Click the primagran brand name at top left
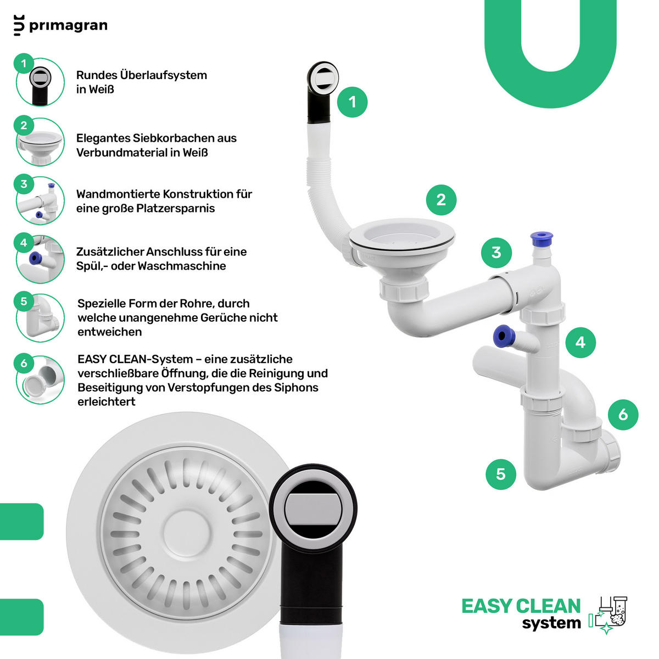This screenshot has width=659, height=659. click(x=68, y=26)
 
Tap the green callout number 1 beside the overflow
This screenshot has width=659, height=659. click(x=352, y=102)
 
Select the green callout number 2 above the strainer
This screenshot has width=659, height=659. click(x=441, y=200)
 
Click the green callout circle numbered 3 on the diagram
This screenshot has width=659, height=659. click(x=496, y=253)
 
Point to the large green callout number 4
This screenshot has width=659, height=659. click(x=580, y=342)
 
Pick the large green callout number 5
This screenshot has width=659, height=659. click(x=501, y=474)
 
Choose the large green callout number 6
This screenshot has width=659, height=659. click(x=623, y=415)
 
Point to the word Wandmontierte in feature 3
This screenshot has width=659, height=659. click(x=118, y=194)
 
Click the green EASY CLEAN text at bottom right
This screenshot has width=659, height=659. click(x=521, y=606)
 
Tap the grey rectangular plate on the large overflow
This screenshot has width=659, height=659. click(x=313, y=511)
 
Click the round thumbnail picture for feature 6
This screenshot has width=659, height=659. click(x=40, y=379)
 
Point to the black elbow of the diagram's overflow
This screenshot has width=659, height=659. click(x=320, y=100)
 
